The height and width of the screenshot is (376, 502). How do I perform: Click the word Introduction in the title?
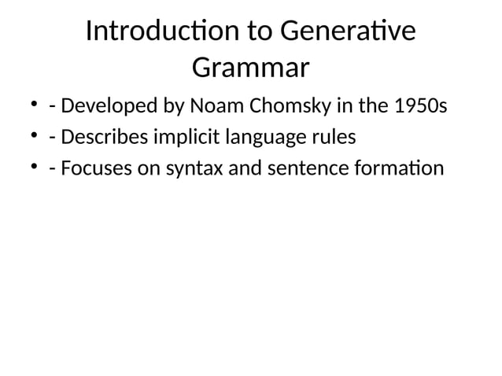[163, 33]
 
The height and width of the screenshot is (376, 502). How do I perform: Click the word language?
[264, 138]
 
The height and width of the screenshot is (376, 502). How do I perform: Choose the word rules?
[333, 138]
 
